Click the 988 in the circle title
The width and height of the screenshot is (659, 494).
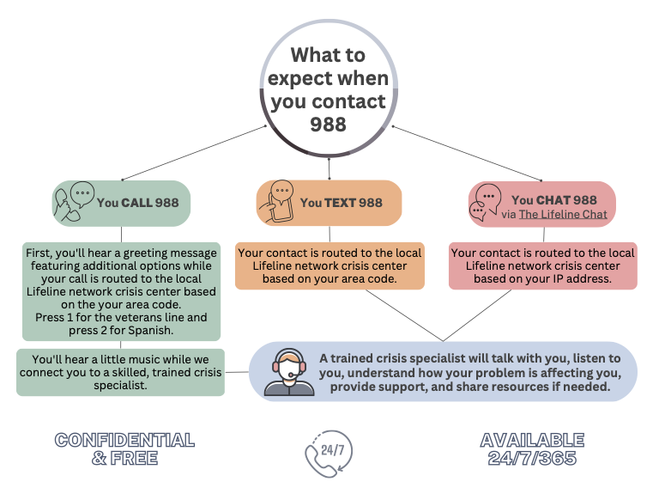[328, 125]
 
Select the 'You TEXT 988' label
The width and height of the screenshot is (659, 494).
[341, 203]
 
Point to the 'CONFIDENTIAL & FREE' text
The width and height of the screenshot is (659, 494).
[124, 448]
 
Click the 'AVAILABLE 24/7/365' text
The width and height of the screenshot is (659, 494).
[532, 448]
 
